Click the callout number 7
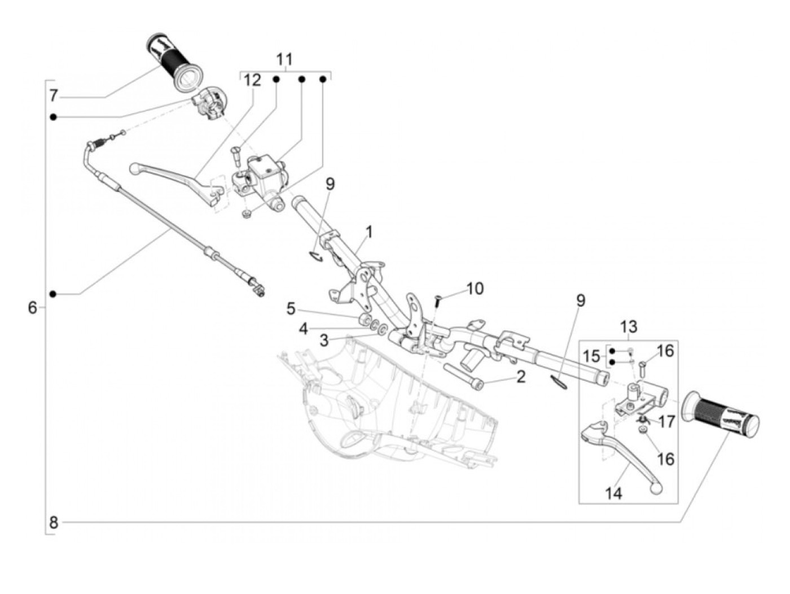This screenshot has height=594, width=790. (54, 95)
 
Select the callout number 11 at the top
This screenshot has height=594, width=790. (284, 59)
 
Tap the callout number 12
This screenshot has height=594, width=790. (252, 80)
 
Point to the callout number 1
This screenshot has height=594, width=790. (369, 232)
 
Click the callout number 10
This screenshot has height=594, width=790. (475, 289)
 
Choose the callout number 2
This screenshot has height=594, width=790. (520, 376)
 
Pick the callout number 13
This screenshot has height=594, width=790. (629, 326)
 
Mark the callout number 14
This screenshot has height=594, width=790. (613, 493)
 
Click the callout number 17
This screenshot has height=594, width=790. (666, 421)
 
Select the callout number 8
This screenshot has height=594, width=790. (54, 522)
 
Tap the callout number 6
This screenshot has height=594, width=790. (33, 308)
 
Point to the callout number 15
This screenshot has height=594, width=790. (591, 356)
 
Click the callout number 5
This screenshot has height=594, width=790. (291, 308)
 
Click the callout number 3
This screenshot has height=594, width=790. (324, 340)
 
